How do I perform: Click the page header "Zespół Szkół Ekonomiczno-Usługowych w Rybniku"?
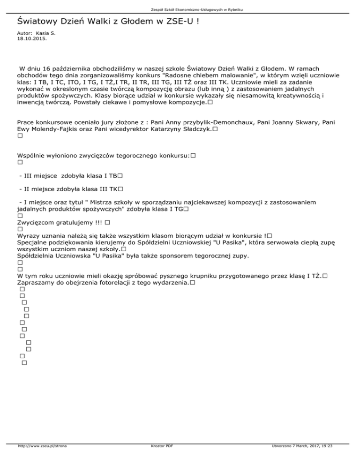point(180,9)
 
